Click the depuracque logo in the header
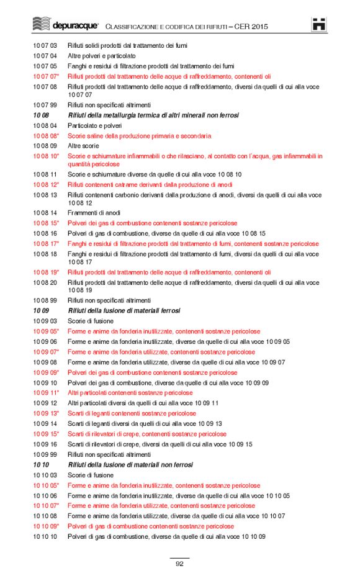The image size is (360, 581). (x=65, y=25)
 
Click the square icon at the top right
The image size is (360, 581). (x=319, y=25)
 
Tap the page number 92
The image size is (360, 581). (x=179, y=564)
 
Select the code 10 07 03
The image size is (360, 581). (x=45, y=46)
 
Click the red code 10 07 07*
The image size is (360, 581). (x=46, y=76)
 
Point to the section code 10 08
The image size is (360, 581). (x=41, y=115)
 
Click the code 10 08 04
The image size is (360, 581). (x=45, y=125)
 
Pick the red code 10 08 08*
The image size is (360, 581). (x=46, y=135)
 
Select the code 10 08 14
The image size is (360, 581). (x=45, y=213)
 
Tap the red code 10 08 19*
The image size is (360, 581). (x=46, y=272)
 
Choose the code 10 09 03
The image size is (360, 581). (x=45, y=322)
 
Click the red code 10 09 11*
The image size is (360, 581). (x=46, y=393)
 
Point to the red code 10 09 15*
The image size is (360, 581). (x=46, y=434)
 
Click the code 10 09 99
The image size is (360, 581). (x=45, y=454)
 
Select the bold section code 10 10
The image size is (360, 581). (x=41, y=465)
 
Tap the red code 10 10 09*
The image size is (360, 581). (x=46, y=526)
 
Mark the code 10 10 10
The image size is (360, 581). (x=45, y=536)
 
